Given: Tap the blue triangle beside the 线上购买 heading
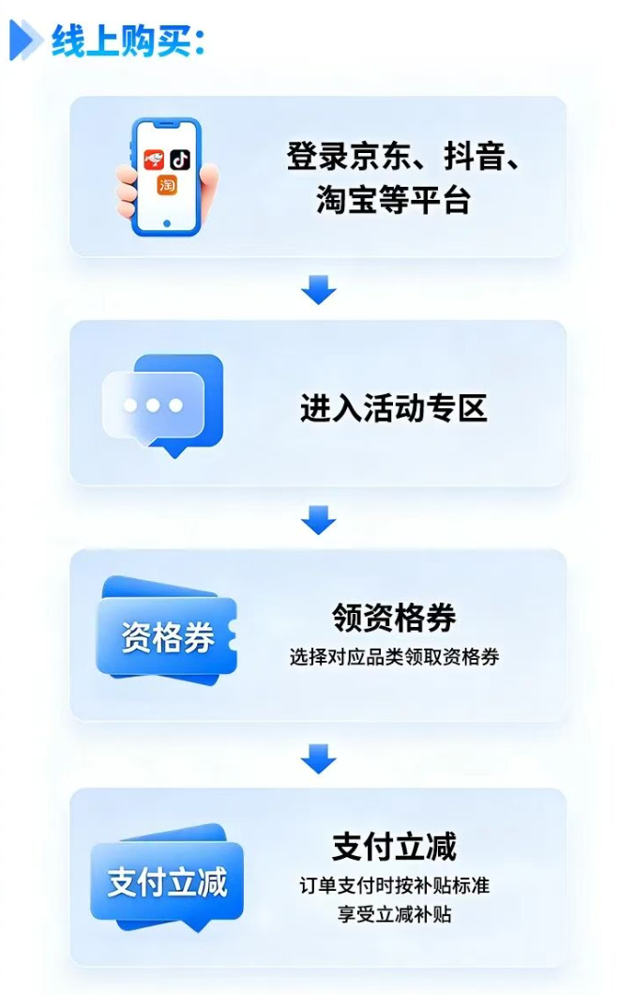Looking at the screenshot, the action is (24, 40).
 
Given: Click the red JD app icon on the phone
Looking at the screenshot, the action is (154, 160).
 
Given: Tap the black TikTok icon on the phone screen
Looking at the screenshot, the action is (180, 160).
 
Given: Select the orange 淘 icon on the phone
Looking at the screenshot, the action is (167, 185).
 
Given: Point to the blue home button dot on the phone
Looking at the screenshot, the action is (167, 224).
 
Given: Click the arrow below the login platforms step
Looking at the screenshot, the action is (318, 289).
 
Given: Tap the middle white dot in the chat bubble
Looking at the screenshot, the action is (153, 405).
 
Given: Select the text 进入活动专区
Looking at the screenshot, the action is (393, 407).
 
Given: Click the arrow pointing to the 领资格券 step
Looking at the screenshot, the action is (318, 520).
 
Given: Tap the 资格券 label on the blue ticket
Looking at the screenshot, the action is (168, 637).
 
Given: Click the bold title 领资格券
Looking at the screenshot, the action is (394, 618).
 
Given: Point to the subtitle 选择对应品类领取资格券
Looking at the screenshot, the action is (394, 657).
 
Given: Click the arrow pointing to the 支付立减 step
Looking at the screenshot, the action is (318, 759).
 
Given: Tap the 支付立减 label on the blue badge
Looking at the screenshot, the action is (168, 882).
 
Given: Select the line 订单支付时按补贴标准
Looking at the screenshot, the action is (394, 885).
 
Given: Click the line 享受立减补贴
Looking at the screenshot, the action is (394, 914).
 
